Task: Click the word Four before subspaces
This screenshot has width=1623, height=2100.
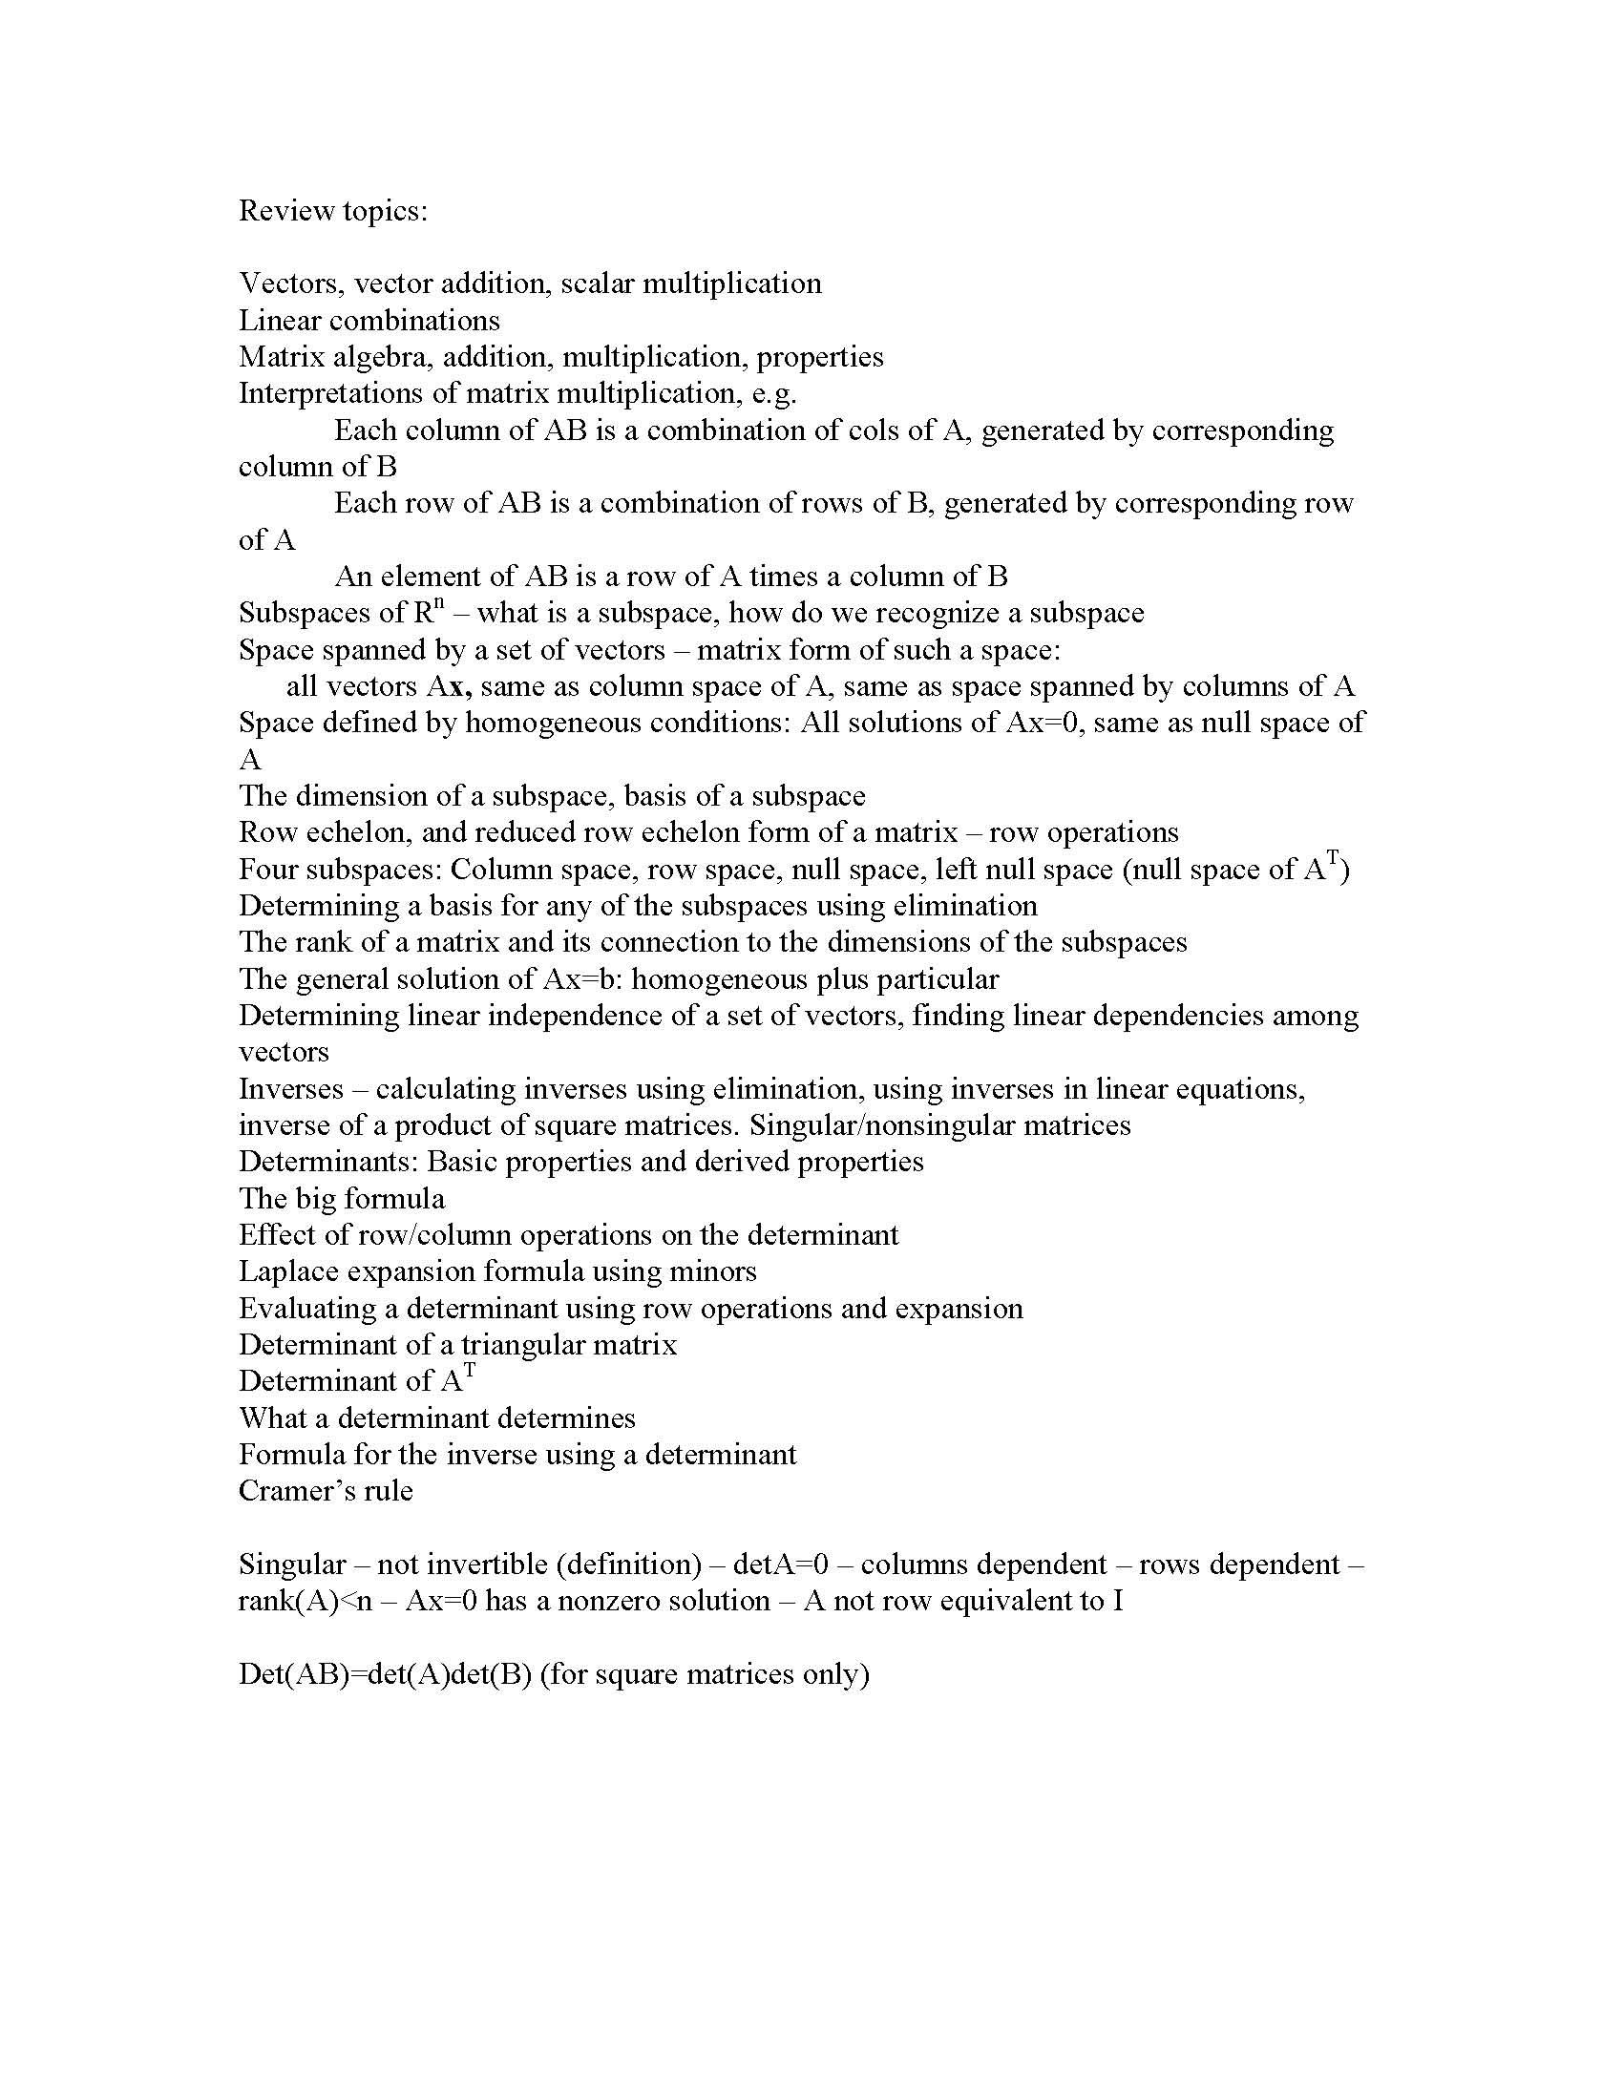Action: point(270,871)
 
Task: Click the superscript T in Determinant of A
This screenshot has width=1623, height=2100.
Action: point(469,1372)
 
